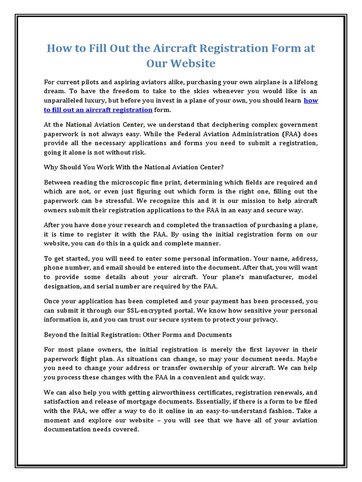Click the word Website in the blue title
191,64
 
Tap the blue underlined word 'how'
311,100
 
